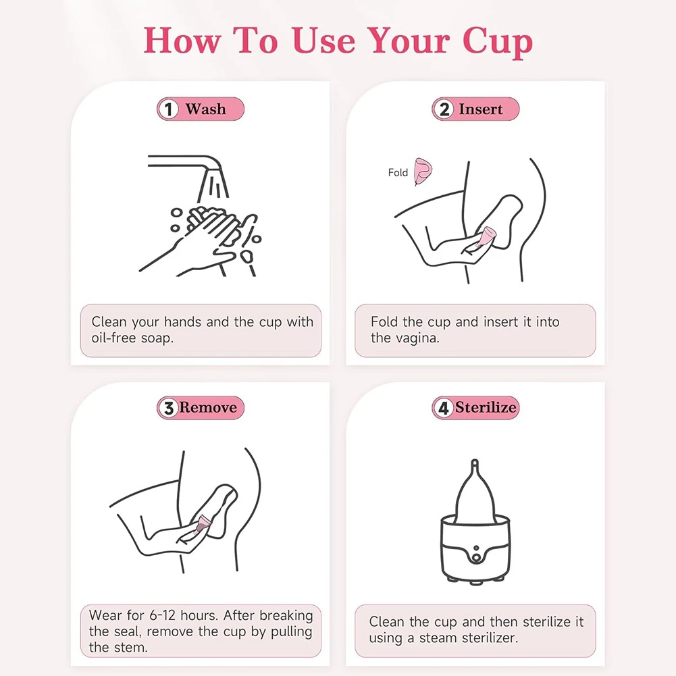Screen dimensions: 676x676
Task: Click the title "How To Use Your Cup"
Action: pos(338,41)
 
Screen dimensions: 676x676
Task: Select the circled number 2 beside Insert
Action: pos(444,109)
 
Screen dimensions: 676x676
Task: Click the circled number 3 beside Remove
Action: pos(168,408)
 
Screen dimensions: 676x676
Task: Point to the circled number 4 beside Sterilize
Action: pos(444,408)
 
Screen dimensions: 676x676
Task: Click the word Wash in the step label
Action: pos(206,109)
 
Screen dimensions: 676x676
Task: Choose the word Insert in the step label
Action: pos(481,109)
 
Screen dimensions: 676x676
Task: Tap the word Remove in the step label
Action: pos(208,408)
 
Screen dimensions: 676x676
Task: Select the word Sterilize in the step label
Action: pos(486,408)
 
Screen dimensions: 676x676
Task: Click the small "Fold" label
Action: pos(398,173)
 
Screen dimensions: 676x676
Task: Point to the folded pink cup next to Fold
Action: pos(423,171)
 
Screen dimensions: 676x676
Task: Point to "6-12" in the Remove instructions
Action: pos(172,615)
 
